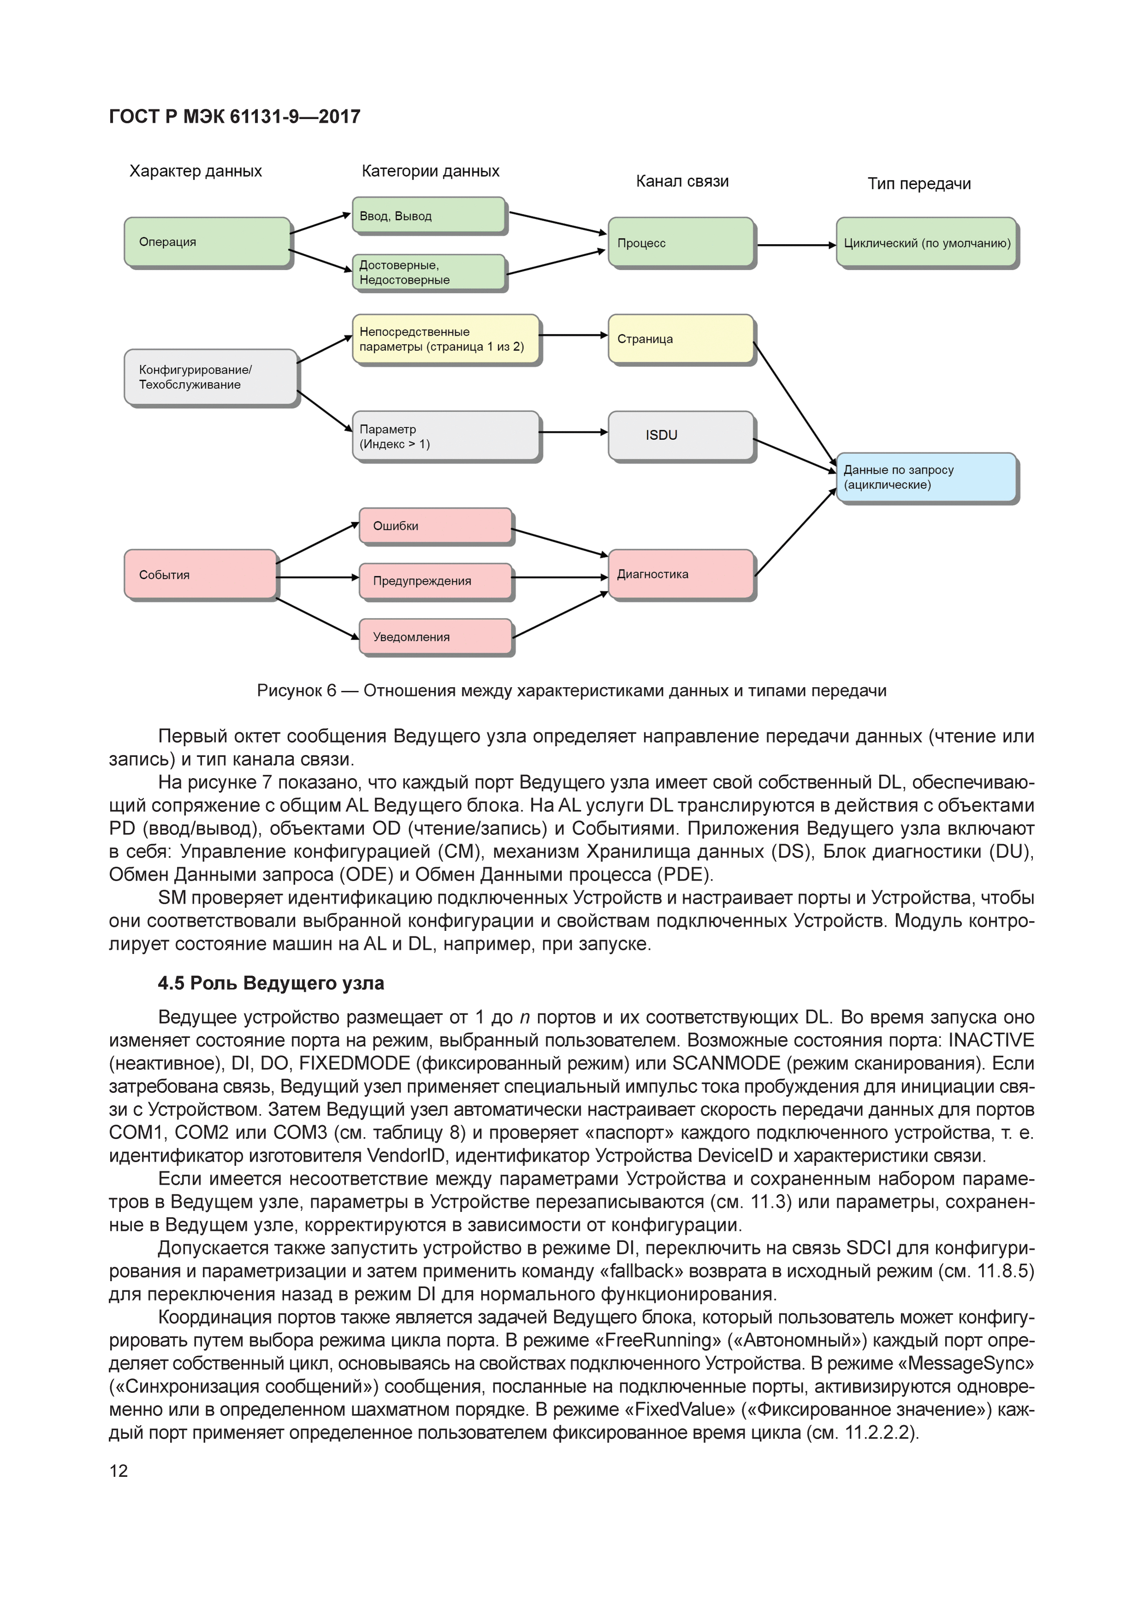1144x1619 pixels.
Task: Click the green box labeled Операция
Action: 207,242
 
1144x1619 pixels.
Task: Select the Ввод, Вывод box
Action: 429,215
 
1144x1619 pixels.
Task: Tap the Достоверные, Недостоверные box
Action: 429,272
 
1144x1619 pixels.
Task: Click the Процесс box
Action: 681,243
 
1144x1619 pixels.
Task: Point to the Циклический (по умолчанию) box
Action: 927,243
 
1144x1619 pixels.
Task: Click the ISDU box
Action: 681,435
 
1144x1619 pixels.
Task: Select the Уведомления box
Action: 435,637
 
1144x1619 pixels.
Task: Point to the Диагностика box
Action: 681,574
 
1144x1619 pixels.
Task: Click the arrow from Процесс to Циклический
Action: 795,245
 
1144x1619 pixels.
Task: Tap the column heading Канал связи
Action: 682,181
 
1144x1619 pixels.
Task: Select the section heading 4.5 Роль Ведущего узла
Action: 271,983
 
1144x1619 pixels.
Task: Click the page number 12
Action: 119,1470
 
